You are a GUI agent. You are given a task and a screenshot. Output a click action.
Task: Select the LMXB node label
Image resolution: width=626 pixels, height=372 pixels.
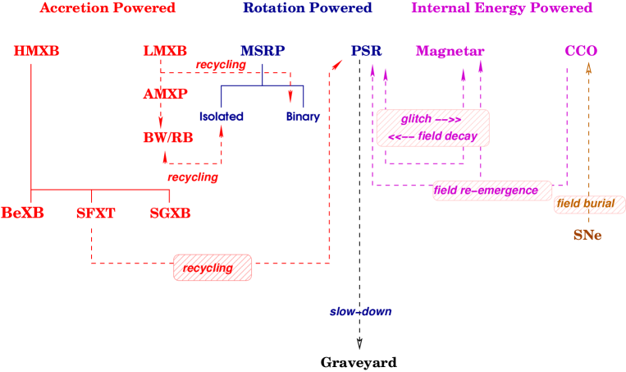coord(165,52)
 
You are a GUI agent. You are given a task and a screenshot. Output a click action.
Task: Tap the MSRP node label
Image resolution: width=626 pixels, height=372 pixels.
coord(263,52)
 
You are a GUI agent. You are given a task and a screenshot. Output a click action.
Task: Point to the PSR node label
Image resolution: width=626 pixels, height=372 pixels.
coord(366,52)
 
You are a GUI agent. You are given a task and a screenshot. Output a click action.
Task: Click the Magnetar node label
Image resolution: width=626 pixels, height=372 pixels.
coord(450,52)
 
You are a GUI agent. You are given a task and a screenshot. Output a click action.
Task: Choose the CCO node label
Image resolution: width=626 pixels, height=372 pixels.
coord(581,52)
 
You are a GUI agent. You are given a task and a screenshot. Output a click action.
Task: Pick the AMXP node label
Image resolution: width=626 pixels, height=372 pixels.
coord(166,94)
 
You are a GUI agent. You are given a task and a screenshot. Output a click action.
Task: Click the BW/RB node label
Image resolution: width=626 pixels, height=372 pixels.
coord(167,138)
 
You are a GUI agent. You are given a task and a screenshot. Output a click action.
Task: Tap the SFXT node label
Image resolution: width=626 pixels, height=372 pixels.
coord(96,214)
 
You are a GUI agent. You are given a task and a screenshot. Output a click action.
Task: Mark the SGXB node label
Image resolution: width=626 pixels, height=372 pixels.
coord(171,214)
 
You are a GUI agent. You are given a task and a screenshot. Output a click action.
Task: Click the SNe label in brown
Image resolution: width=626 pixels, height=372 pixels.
coord(587,236)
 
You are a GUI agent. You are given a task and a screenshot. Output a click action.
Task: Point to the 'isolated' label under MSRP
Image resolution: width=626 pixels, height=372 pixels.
coord(222,117)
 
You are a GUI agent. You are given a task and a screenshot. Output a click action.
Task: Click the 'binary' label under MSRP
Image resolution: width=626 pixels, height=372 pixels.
coord(303,117)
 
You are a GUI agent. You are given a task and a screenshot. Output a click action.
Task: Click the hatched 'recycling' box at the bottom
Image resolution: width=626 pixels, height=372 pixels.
coord(212,268)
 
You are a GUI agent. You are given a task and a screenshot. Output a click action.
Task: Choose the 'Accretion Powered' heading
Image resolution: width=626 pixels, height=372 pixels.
coord(108,8)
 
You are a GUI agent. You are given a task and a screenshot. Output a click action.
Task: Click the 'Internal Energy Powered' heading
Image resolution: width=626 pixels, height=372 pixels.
coord(501,8)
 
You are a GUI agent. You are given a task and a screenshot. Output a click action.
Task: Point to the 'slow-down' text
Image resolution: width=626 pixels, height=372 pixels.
coord(361,312)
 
